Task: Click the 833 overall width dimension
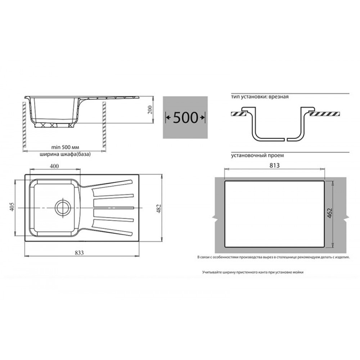click(x=79, y=253)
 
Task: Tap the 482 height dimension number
click(x=159, y=209)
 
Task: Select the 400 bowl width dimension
click(x=54, y=166)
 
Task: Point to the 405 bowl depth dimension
click(x=12, y=207)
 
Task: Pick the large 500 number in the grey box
click(x=185, y=118)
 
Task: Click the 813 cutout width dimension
click(x=275, y=165)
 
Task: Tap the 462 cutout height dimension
click(x=330, y=213)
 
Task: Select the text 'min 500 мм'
click(x=65, y=147)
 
